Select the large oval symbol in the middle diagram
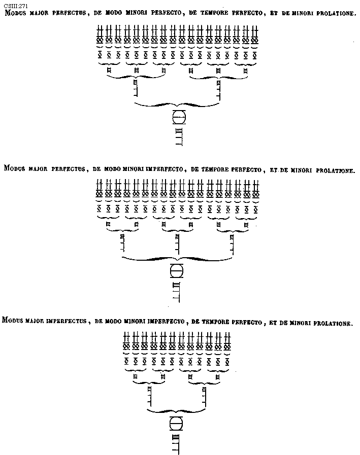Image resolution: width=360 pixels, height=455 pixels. (x=176, y=270)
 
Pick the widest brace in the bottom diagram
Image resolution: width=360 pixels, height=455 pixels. (x=177, y=409)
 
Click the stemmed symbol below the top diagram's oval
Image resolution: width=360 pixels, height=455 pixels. (x=178, y=137)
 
